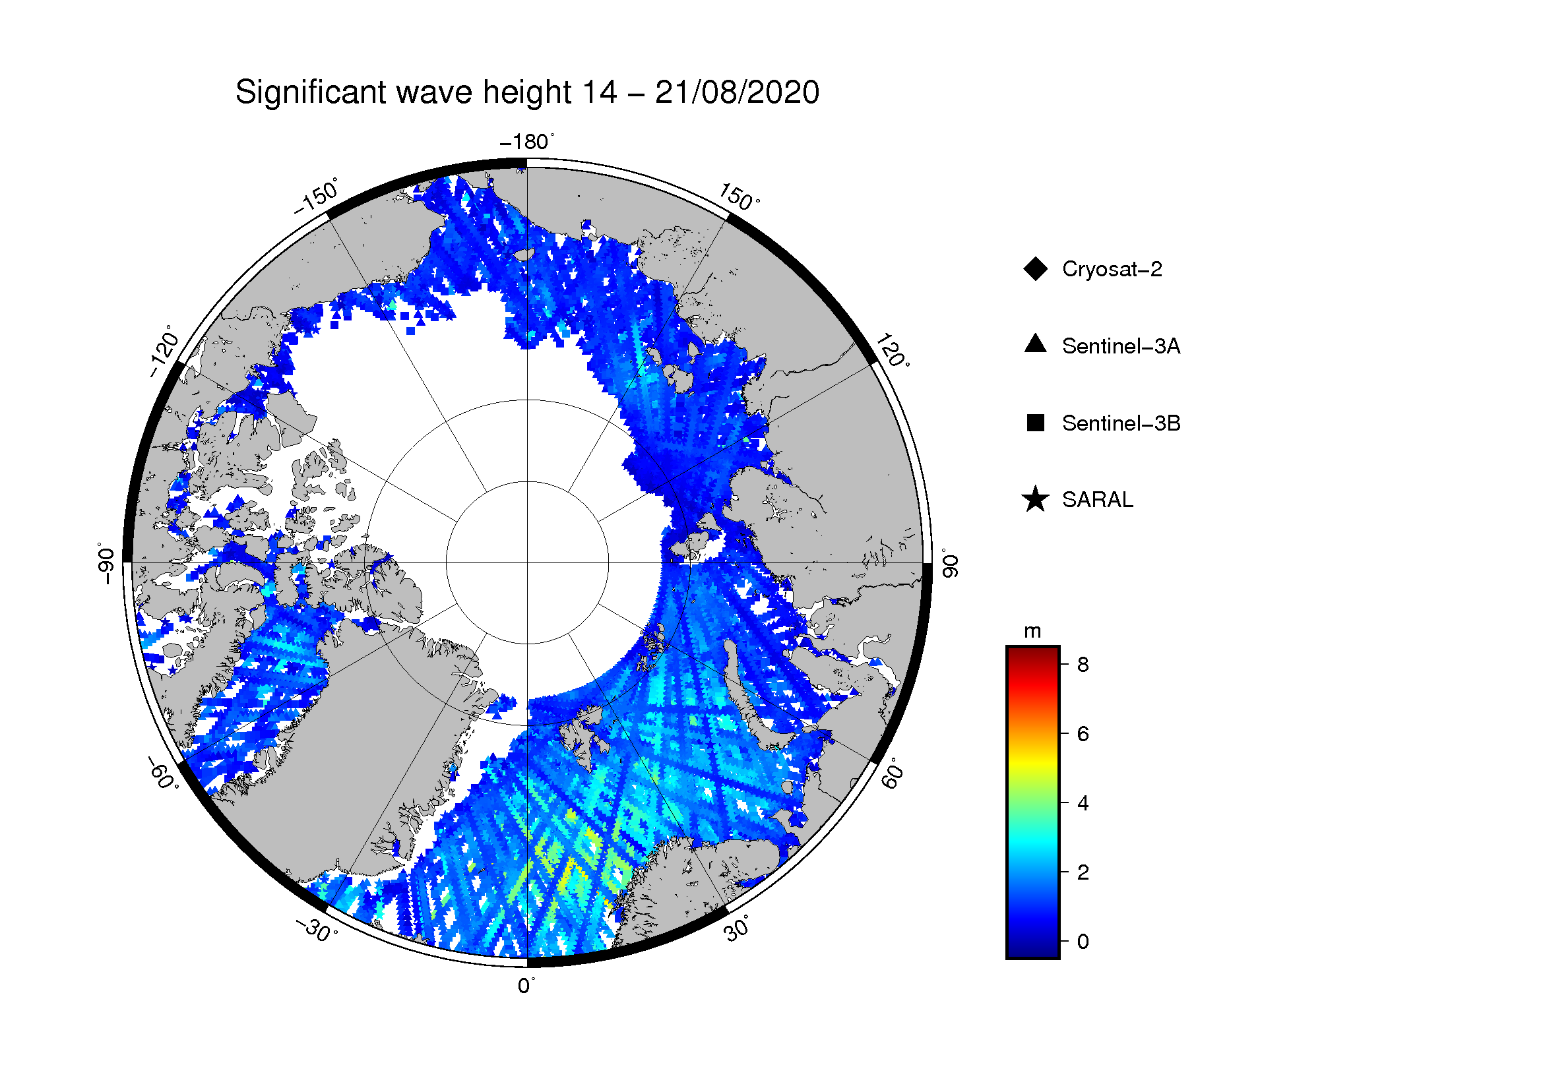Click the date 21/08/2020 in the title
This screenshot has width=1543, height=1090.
click(737, 93)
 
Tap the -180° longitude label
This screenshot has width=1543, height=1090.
click(528, 142)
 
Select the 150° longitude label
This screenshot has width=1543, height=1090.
click(740, 197)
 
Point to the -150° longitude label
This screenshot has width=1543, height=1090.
click(317, 196)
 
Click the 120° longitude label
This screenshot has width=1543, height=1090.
click(893, 350)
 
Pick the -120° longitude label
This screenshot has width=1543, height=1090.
click(164, 351)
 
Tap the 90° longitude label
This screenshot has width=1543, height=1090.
click(949, 562)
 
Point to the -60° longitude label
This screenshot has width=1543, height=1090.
click(164, 773)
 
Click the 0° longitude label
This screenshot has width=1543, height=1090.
click(526, 986)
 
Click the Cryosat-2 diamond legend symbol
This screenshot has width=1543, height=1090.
click(1036, 268)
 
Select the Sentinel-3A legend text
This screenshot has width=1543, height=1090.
click(1121, 346)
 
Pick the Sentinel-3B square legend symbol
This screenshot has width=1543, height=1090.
click(1036, 423)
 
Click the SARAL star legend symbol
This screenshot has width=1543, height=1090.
click(1036, 499)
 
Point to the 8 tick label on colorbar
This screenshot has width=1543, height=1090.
click(1083, 664)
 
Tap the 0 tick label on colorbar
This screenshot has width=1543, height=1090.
click(1083, 942)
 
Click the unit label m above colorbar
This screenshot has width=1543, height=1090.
click(1032, 632)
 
